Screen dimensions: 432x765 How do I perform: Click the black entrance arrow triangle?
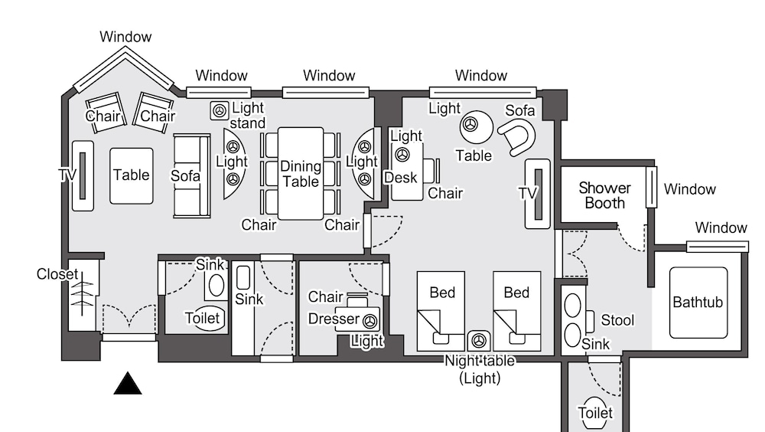click(x=128, y=384)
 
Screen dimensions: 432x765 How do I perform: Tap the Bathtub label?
click(x=698, y=302)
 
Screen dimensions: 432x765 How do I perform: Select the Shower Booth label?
click(x=604, y=195)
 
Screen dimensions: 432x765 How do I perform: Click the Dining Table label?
click(x=300, y=174)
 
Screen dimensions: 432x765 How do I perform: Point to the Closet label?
click(x=57, y=274)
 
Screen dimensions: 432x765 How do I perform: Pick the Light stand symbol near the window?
click(x=220, y=110)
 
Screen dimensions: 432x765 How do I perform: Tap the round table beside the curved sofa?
click(x=477, y=126)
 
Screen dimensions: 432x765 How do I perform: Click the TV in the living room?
click(x=83, y=175)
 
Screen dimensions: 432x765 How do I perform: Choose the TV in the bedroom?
click(x=538, y=193)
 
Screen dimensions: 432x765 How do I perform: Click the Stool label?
click(x=617, y=320)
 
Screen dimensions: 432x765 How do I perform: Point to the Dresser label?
click(x=334, y=319)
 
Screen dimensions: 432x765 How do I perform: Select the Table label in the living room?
click(x=132, y=175)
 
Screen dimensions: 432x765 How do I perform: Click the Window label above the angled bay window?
click(x=125, y=37)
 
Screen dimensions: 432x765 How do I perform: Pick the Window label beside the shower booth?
click(x=690, y=189)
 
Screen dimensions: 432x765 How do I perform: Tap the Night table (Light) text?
click(x=480, y=369)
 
